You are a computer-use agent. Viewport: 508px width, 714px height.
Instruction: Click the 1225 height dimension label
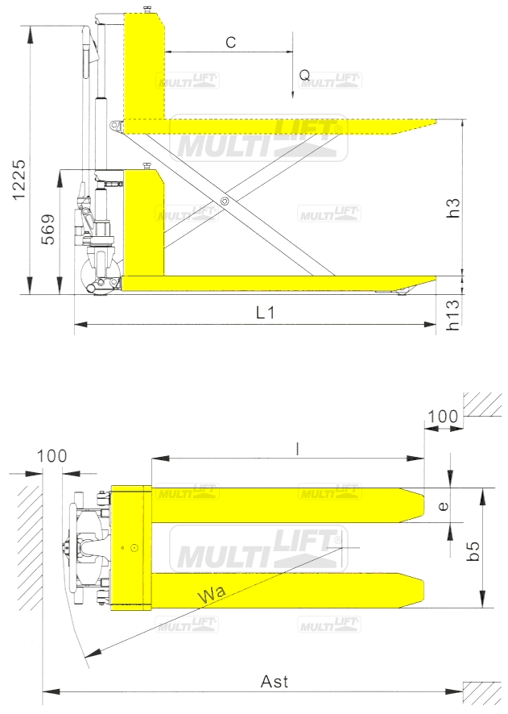19,180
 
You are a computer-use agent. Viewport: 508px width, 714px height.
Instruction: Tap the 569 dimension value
47,229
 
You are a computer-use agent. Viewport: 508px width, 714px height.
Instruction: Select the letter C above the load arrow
230,43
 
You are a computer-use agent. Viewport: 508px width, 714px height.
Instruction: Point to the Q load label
304,75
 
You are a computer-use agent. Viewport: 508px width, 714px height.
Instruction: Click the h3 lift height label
453,208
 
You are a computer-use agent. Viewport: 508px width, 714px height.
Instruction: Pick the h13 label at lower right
452,314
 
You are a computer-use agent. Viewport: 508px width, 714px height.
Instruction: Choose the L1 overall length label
265,313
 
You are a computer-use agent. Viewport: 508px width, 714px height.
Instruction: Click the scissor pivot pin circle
225,201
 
